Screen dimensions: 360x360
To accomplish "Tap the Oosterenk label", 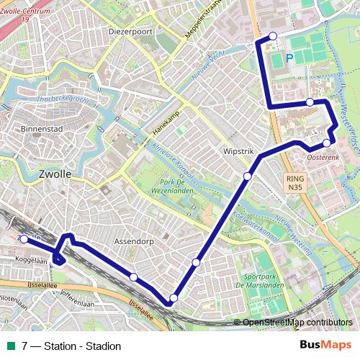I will [323, 155].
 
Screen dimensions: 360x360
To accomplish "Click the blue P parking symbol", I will [289, 58].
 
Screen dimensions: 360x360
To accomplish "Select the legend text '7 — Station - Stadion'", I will [72, 346].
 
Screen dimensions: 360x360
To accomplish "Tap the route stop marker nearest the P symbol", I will [273, 36].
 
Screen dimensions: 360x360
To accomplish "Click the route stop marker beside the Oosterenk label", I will [326, 143].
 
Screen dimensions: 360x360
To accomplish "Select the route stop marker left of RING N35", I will [248, 176].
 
